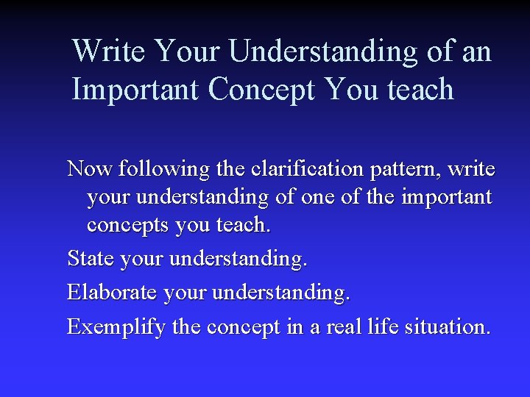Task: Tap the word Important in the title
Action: (x=136, y=90)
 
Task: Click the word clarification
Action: (x=303, y=169)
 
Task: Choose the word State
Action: (x=89, y=259)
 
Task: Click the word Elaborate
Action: (x=112, y=293)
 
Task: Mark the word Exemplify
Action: (x=116, y=327)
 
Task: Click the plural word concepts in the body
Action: (x=128, y=225)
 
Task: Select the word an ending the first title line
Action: (x=476, y=51)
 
